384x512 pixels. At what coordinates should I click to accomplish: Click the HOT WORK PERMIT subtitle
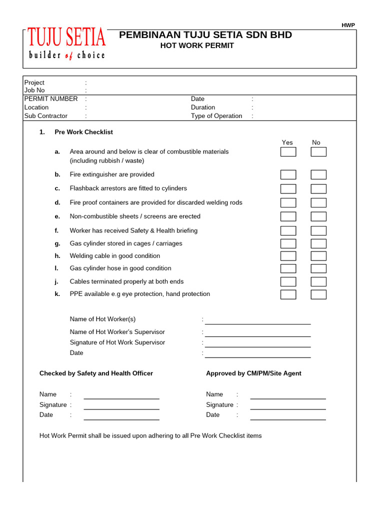196,45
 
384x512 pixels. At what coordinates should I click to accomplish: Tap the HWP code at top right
348,25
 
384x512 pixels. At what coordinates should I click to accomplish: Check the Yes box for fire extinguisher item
288,174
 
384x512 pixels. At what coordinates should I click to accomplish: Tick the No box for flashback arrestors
318,188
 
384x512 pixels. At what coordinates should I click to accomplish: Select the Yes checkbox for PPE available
288,294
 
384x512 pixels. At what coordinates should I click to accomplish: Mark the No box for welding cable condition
318,256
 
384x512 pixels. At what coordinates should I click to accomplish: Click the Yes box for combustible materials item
288,152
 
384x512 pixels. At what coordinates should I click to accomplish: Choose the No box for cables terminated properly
318,281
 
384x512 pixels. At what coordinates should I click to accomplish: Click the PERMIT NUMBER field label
51,99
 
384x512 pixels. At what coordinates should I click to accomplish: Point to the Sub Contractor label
46,116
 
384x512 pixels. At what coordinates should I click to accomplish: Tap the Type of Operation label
216,116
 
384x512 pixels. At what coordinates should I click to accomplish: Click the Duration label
203,107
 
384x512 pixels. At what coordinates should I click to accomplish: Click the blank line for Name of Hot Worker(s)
257,321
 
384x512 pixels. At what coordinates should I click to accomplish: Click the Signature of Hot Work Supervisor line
257,344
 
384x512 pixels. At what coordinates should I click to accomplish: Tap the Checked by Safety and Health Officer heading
96,373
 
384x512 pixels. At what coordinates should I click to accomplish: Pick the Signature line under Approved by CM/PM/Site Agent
288,406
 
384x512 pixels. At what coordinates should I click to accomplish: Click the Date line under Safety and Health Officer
121,417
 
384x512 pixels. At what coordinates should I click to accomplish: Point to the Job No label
34,90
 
